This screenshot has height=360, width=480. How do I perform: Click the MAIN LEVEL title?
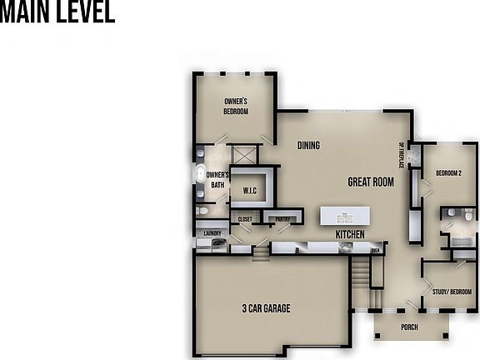click(57, 14)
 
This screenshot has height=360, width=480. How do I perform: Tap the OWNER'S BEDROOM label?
click(236, 106)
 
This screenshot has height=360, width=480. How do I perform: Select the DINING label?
click(308, 146)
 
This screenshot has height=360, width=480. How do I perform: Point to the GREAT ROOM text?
click(371, 182)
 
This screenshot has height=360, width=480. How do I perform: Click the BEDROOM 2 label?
click(448, 173)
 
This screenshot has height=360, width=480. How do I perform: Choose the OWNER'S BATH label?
click(217, 180)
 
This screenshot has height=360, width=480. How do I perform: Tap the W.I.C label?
click(249, 192)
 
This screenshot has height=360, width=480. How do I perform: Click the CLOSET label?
click(245, 219)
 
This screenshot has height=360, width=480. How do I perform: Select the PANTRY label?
click(282, 219)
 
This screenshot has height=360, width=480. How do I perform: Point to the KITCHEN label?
click(350, 235)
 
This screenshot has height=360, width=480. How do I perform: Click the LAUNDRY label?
click(212, 234)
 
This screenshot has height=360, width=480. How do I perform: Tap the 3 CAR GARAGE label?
click(266, 308)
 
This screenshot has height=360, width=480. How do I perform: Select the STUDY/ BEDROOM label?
click(452, 292)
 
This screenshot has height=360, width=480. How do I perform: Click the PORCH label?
click(409, 327)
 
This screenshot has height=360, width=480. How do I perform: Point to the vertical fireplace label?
click(401, 154)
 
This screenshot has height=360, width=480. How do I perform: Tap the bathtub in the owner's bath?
click(200, 173)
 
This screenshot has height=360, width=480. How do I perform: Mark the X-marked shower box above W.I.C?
click(244, 155)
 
